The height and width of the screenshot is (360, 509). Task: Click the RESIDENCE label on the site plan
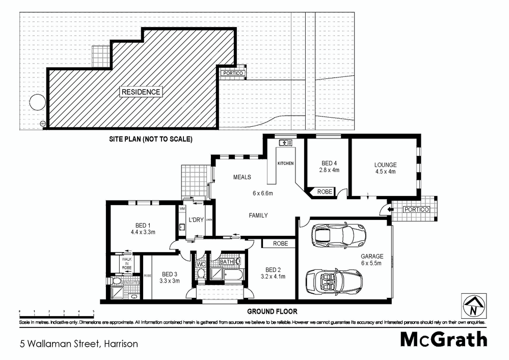(141, 92)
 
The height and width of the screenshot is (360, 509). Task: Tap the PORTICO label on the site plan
(233, 73)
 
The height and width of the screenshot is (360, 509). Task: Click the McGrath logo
(443, 339)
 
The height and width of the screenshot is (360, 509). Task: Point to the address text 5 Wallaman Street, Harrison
(79, 344)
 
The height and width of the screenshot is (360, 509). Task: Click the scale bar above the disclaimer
(56, 311)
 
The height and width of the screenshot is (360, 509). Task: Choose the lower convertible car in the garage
(334, 280)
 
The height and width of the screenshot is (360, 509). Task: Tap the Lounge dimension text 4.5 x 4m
(385, 172)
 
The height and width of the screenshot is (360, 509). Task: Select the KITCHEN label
(285, 163)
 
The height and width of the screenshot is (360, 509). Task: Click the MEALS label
(242, 177)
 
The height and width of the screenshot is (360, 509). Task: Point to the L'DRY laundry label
(196, 219)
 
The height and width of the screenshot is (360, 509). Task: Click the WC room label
(201, 264)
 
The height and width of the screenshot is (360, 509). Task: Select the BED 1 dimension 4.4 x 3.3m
(143, 232)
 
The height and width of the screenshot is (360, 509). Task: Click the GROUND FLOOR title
(272, 311)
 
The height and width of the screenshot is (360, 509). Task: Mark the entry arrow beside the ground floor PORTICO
(390, 209)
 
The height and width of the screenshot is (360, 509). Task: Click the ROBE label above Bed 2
(280, 243)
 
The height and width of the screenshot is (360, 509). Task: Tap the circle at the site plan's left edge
(37, 103)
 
